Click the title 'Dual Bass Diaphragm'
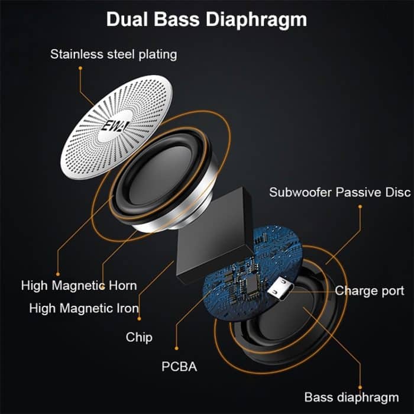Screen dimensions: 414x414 pyautogui.click(x=206, y=19)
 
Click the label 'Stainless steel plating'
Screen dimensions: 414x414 pyautogui.click(x=114, y=54)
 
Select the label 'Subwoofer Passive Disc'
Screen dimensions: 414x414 pyautogui.click(x=339, y=192)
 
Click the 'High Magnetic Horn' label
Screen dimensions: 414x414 pyautogui.click(x=79, y=286)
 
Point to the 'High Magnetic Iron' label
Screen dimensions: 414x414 pyautogui.click(x=84, y=308)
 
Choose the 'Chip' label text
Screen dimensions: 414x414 pyautogui.click(x=139, y=337)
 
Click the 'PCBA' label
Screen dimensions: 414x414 pyautogui.click(x=179, y=367)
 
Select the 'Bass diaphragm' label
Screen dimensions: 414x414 pyautogui.click(x=351, y=396)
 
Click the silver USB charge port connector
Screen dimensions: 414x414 pyautogui.click(x=279, y=290)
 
